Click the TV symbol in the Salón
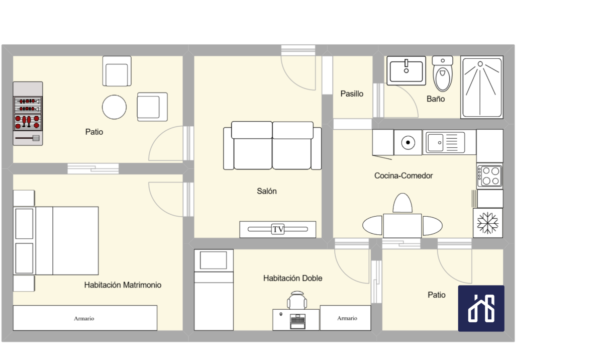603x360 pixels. pos(277,229)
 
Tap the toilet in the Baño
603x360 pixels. pos(443,73)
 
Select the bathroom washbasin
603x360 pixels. pos(406,70)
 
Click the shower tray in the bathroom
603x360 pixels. pos(481,87)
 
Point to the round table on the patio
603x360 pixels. pos(114,107)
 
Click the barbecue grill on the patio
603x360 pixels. pos(28,113)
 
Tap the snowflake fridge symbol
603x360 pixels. pos(488,223)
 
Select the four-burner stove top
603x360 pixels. pos(489,176)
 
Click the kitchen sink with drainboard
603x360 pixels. pos(446,142)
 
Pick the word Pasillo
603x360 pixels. pos(352,94)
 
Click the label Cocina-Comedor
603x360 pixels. pos(404,175)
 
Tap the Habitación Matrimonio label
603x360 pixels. pos(123,285)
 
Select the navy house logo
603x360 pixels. pos(481,308)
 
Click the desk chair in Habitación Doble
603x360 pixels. pos(297,300)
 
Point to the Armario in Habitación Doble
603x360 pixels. pos(345,318)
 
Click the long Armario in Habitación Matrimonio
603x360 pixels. pos(85,318)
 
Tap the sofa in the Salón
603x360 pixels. pos(272,145)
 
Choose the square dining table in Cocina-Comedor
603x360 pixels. pos(402,226)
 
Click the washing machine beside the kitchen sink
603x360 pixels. pos(408,142)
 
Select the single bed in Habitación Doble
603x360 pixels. pos(214,290)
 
